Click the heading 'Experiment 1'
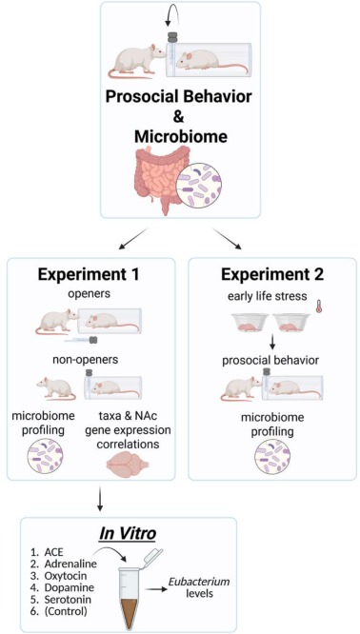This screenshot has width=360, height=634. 90,275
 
